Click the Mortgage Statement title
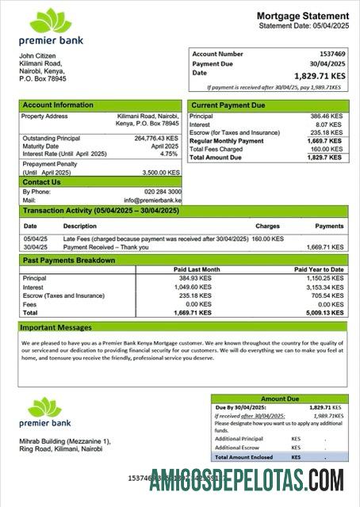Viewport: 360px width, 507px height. pyautogui.click(x=302, y=16)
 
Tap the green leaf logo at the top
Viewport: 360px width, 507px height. pyautogui.click(x=50, y=22)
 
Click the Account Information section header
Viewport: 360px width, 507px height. pyautogui.click(x=57, y=105)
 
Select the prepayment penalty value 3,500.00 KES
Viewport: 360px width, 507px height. pyautogui.click(x=162, y=172)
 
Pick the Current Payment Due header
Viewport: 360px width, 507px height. pyautogui.click(x=228, y=105)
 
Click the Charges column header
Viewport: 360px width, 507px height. pyautogui.click(x=267, y=226)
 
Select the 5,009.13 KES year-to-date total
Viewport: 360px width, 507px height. pyautogui.click(x=325, y=312)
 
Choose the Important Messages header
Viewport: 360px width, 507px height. pyautogui.click(x=56, y=326)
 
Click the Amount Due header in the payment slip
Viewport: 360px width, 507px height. pyautogui.click(x=278, y=399)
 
